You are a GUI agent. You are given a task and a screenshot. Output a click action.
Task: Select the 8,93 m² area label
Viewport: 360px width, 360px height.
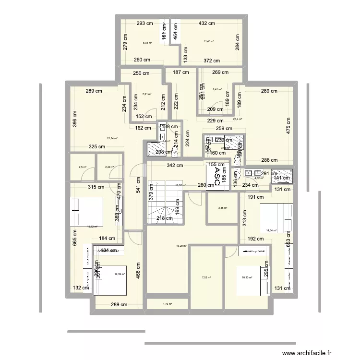(147, 43)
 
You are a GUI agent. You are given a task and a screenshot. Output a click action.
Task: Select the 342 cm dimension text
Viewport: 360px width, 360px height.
(175, 166)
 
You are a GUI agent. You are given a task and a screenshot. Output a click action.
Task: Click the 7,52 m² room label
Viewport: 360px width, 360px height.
(206, 277)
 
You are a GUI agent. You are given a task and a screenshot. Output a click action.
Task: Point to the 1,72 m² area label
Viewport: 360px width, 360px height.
(168, 304)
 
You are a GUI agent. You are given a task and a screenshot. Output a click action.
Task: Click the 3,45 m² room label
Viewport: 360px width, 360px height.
(222, 208)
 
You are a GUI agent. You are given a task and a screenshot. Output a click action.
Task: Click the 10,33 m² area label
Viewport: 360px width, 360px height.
(246, 277)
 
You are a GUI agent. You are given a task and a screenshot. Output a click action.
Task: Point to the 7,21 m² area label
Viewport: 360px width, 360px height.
(147, 95)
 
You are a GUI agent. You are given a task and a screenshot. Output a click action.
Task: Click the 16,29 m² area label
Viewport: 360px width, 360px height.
(181, 246)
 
